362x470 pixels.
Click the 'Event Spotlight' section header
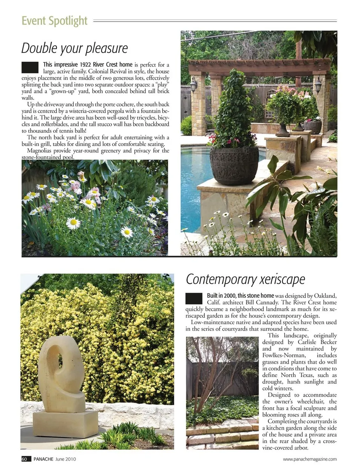[54, 21]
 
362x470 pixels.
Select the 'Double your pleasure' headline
[74, 48]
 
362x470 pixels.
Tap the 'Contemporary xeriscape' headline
[245, 279]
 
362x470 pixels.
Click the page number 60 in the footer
[25, 459]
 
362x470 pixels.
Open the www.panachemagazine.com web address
[310, 459]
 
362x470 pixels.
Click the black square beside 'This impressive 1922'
[30, 67]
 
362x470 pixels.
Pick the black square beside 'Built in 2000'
[194, 299]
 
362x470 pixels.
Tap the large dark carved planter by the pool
[234, 165]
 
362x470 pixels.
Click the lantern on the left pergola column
[194, 85]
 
